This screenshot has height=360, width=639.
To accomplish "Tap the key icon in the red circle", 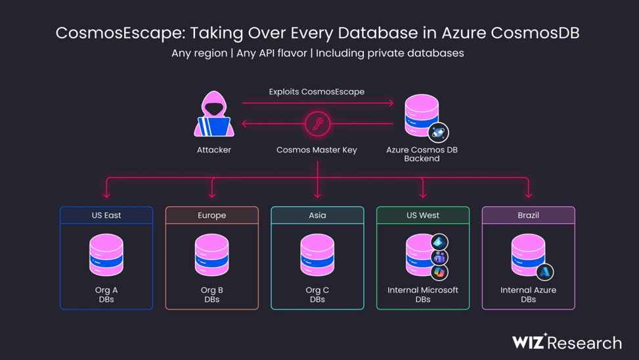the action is [x=317, y=124].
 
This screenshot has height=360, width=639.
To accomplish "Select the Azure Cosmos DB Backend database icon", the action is [x=422, y=116].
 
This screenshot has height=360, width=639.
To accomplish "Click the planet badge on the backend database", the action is [x=438, y=132].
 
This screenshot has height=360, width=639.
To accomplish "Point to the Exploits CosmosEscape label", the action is [x=317, y=92].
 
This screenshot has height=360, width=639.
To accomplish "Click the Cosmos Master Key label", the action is [x=317, y=150].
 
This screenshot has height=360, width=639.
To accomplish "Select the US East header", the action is [x=106, y=215].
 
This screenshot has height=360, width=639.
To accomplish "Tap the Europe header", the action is [x=212, y=215].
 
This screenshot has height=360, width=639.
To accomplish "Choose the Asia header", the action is [x=317, y=215].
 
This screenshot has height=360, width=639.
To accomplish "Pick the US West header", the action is [x=423, y=215].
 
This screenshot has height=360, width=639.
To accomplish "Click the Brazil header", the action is [x=529, y=215].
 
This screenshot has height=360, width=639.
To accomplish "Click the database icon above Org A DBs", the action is [x=106, y=255].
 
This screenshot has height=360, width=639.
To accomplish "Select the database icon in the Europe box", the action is [x=212, y=255].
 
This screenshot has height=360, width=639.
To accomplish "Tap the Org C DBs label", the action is [x=317, y=294].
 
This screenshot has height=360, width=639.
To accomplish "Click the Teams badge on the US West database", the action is [x=439, y=258].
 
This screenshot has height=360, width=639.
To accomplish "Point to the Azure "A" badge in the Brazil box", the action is [x=545, y=272].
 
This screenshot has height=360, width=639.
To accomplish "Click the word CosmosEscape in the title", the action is [x=120, y=33].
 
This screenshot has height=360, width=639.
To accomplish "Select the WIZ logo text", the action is [x=529, y=342].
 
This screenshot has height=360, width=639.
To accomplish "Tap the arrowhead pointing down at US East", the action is [x=106, y=195].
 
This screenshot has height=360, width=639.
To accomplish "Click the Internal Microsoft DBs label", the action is [x=423, y=294].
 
